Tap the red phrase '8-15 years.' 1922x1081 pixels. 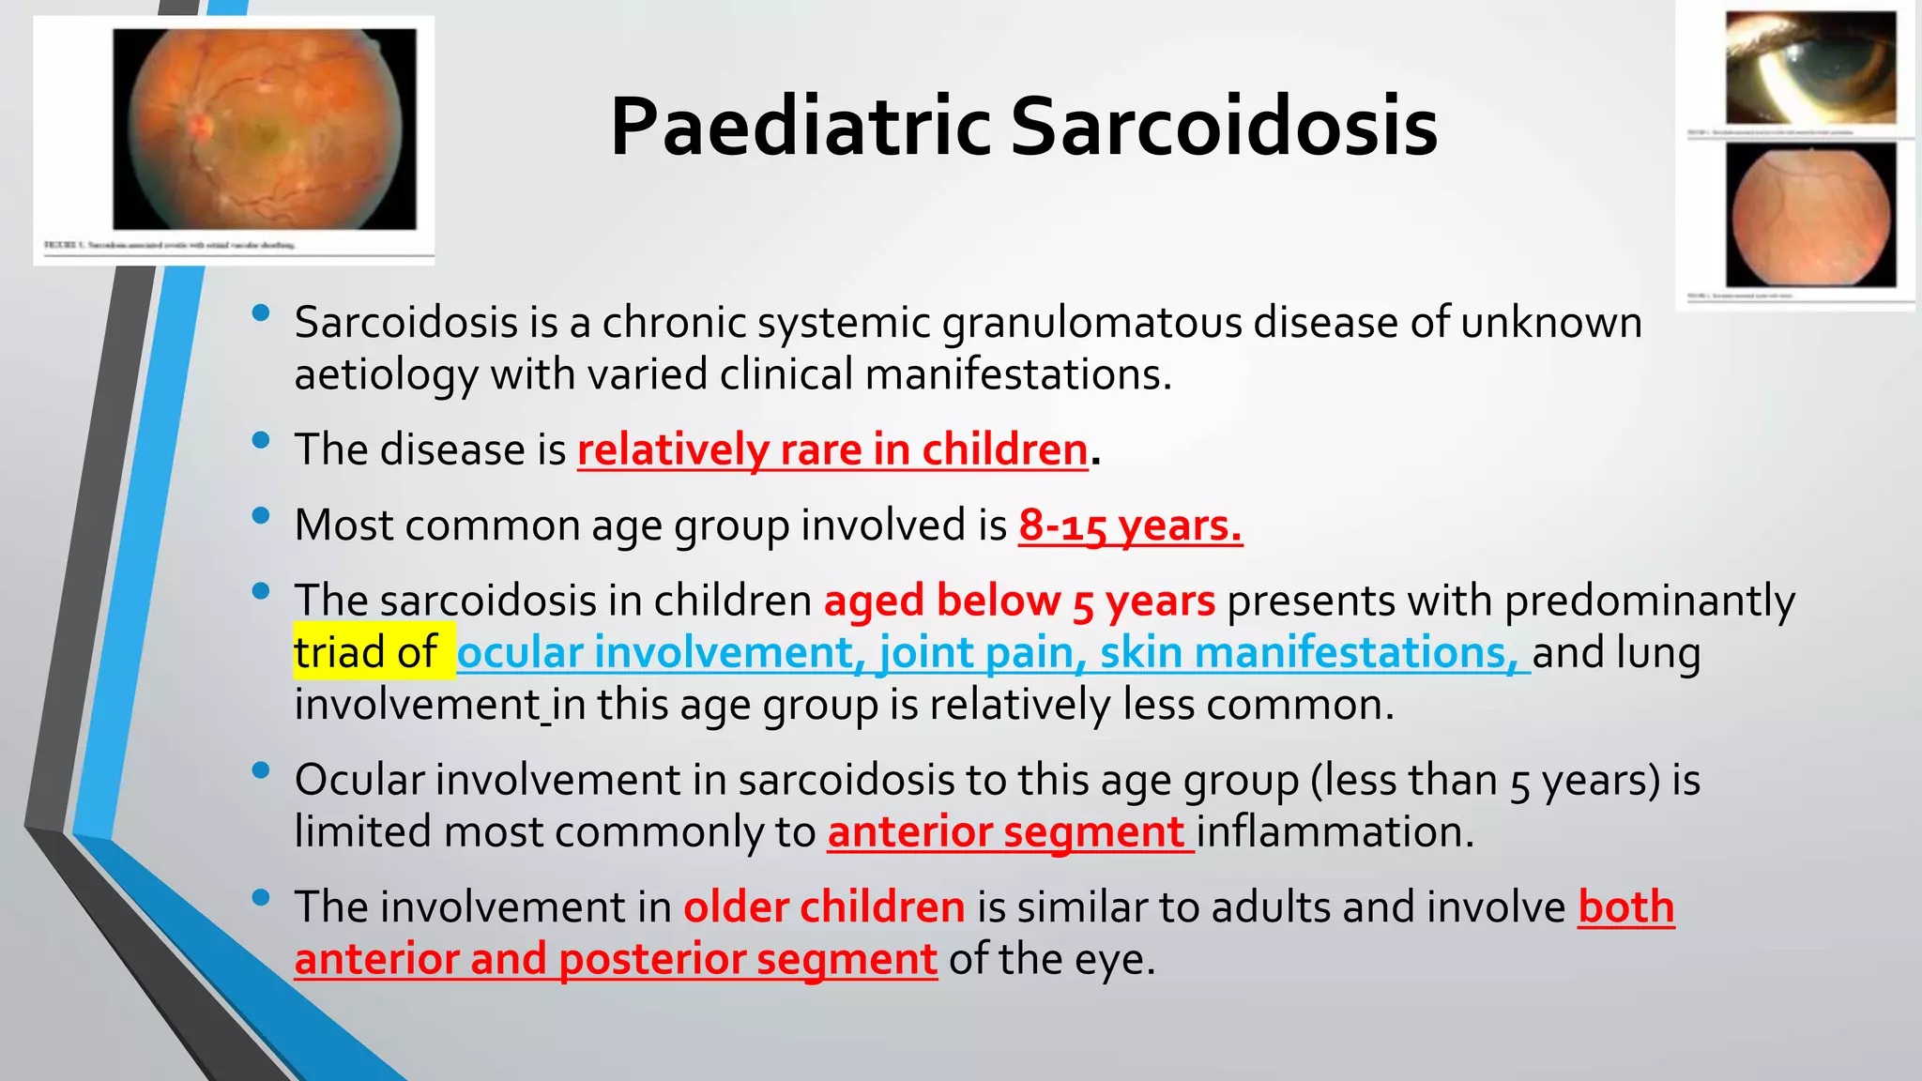click(x=1130, y=525)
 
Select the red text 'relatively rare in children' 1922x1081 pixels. click(x=831, y=449)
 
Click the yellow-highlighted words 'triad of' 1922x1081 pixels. click(x=366, y=652)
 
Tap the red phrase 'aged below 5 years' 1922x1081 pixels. click(x=1019, y=601)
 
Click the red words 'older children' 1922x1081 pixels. click(x=824, y=907)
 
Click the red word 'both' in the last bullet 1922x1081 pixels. click(x=1625, y=907)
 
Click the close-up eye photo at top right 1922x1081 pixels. click(x=1810, y=68)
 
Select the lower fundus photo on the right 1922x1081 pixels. click(x=1810, y=216)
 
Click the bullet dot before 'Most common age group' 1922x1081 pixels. click(x=261, y=515)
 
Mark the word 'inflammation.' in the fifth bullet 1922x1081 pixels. click(x=1335, y=832)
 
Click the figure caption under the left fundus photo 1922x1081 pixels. click(x=170, y=245)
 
